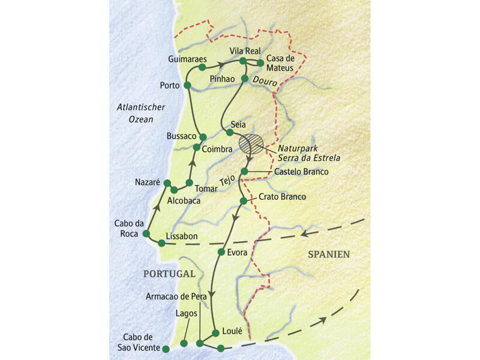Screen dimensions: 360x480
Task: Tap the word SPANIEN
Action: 329,254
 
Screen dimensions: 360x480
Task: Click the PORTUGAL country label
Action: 170,273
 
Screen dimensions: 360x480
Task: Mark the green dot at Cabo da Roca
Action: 146,233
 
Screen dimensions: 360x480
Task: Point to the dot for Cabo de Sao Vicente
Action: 166,347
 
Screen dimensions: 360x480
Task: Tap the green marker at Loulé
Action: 215,331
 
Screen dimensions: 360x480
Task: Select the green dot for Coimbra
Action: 197,147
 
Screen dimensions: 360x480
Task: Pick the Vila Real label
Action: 244,50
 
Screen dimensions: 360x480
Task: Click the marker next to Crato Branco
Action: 243,201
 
